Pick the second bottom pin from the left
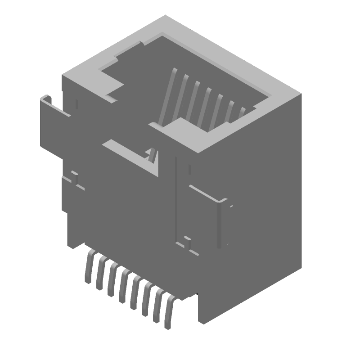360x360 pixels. [100, 273]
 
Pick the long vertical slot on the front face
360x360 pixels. [176, 198]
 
